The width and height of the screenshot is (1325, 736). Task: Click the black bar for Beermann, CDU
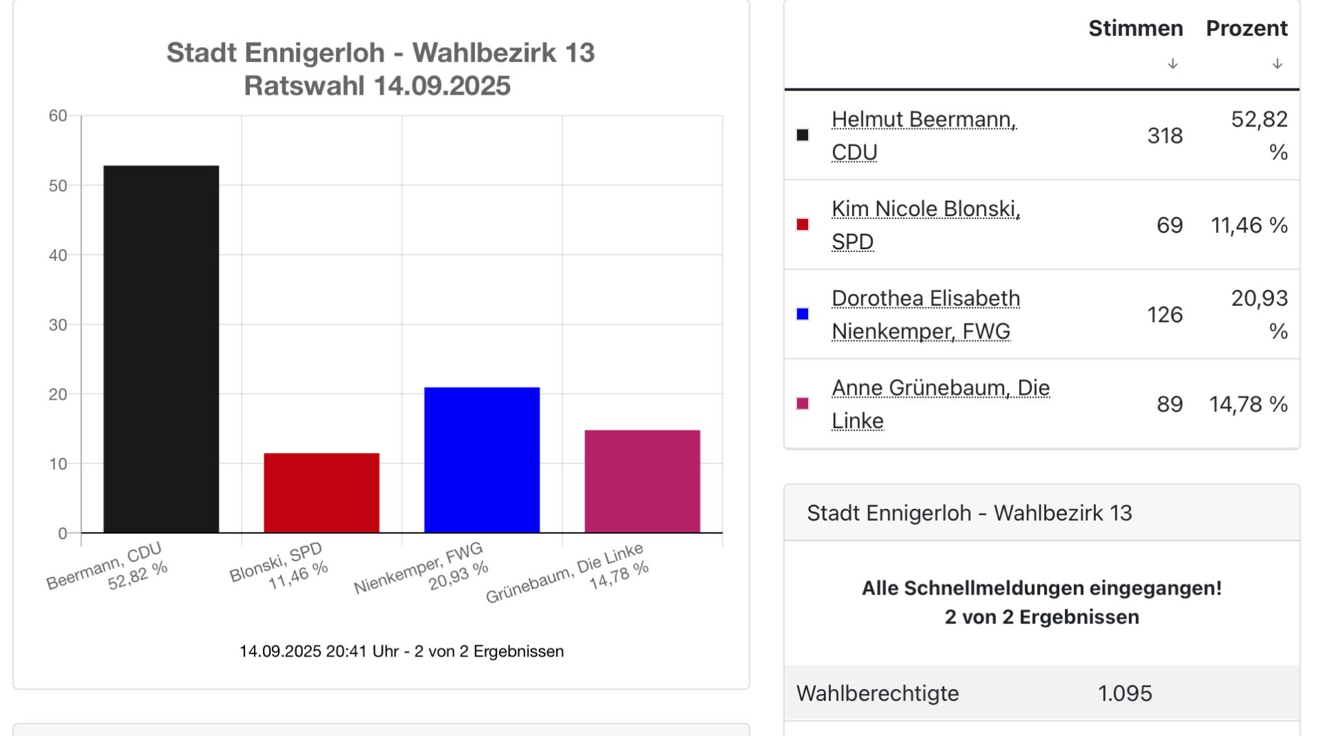click(161, 349)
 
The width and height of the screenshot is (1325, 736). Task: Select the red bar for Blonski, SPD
click(322, 492)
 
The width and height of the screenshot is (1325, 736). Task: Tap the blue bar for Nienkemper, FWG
click(482, 459)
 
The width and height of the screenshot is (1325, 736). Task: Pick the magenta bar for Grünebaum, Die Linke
click(642, 481)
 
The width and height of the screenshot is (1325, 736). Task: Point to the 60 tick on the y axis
click(58, 116)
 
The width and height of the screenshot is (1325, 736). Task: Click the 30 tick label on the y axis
click(58, 325)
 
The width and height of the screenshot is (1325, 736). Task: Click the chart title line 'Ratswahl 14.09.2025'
click(377, 86)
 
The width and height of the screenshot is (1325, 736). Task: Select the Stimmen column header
click(1135, 28)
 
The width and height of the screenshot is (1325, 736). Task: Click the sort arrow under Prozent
click(1277, 64)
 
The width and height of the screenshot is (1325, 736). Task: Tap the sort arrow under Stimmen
click(1172, 64)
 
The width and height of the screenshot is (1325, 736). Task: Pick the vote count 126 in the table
click(1164, 315)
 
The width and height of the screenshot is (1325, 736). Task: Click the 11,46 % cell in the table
click(1248, 225)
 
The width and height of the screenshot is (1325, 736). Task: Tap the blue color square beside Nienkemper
click(803, 314)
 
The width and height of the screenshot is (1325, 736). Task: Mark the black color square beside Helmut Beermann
click(803, 135)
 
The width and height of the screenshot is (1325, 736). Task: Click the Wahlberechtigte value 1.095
click(1124, 693)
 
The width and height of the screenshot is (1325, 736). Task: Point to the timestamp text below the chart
click(401, 651)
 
